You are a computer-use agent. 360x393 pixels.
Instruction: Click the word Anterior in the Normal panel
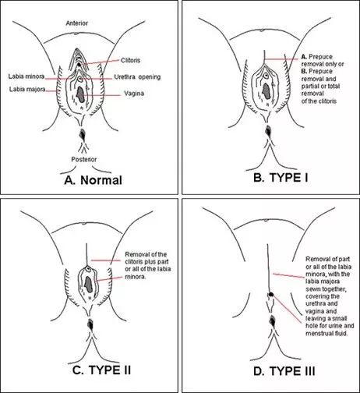pyautogui.click(x=88, y=24)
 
